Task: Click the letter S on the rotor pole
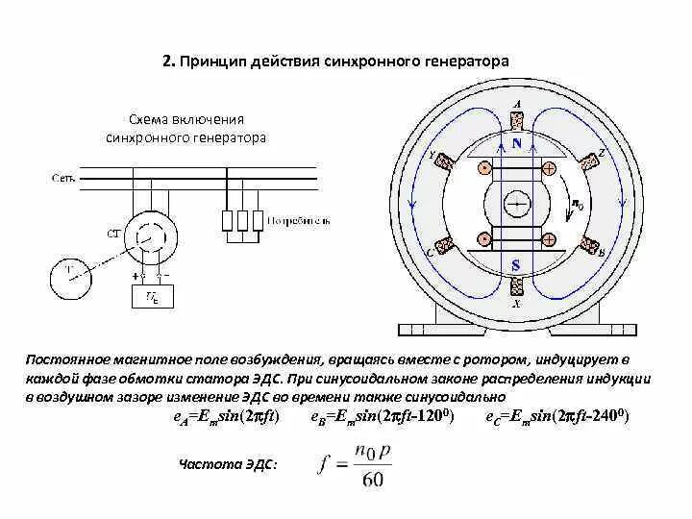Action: point(517,261)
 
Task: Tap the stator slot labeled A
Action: point(517,121)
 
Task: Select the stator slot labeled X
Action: point(517,286)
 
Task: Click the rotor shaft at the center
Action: point(517,203)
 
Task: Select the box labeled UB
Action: point(152,298)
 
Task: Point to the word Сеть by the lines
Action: point(61,178)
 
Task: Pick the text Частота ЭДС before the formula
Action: point(228,465)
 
